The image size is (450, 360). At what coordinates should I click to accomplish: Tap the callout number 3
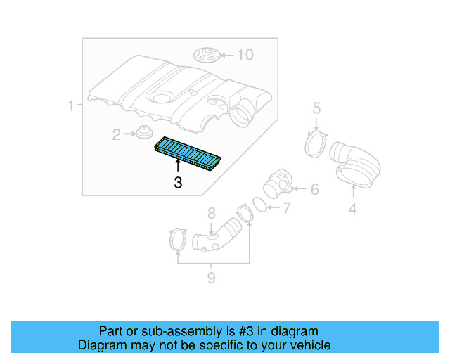click(x=178, y=184)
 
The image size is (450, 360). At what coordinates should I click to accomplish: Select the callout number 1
click(x=70, y=106)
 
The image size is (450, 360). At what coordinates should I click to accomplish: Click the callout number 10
click(x=244, y=54)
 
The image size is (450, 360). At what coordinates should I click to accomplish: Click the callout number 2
click(x=116, y=132)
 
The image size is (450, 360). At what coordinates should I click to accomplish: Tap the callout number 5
click(x=316, y=108)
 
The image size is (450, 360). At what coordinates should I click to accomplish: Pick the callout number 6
click(x=314, y=188)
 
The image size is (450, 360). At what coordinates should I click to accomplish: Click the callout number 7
click(x=286, y=207)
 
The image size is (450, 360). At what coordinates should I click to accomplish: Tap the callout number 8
click(x=210, y=213)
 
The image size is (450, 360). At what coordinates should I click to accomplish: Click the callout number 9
click(x=211, y=278)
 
